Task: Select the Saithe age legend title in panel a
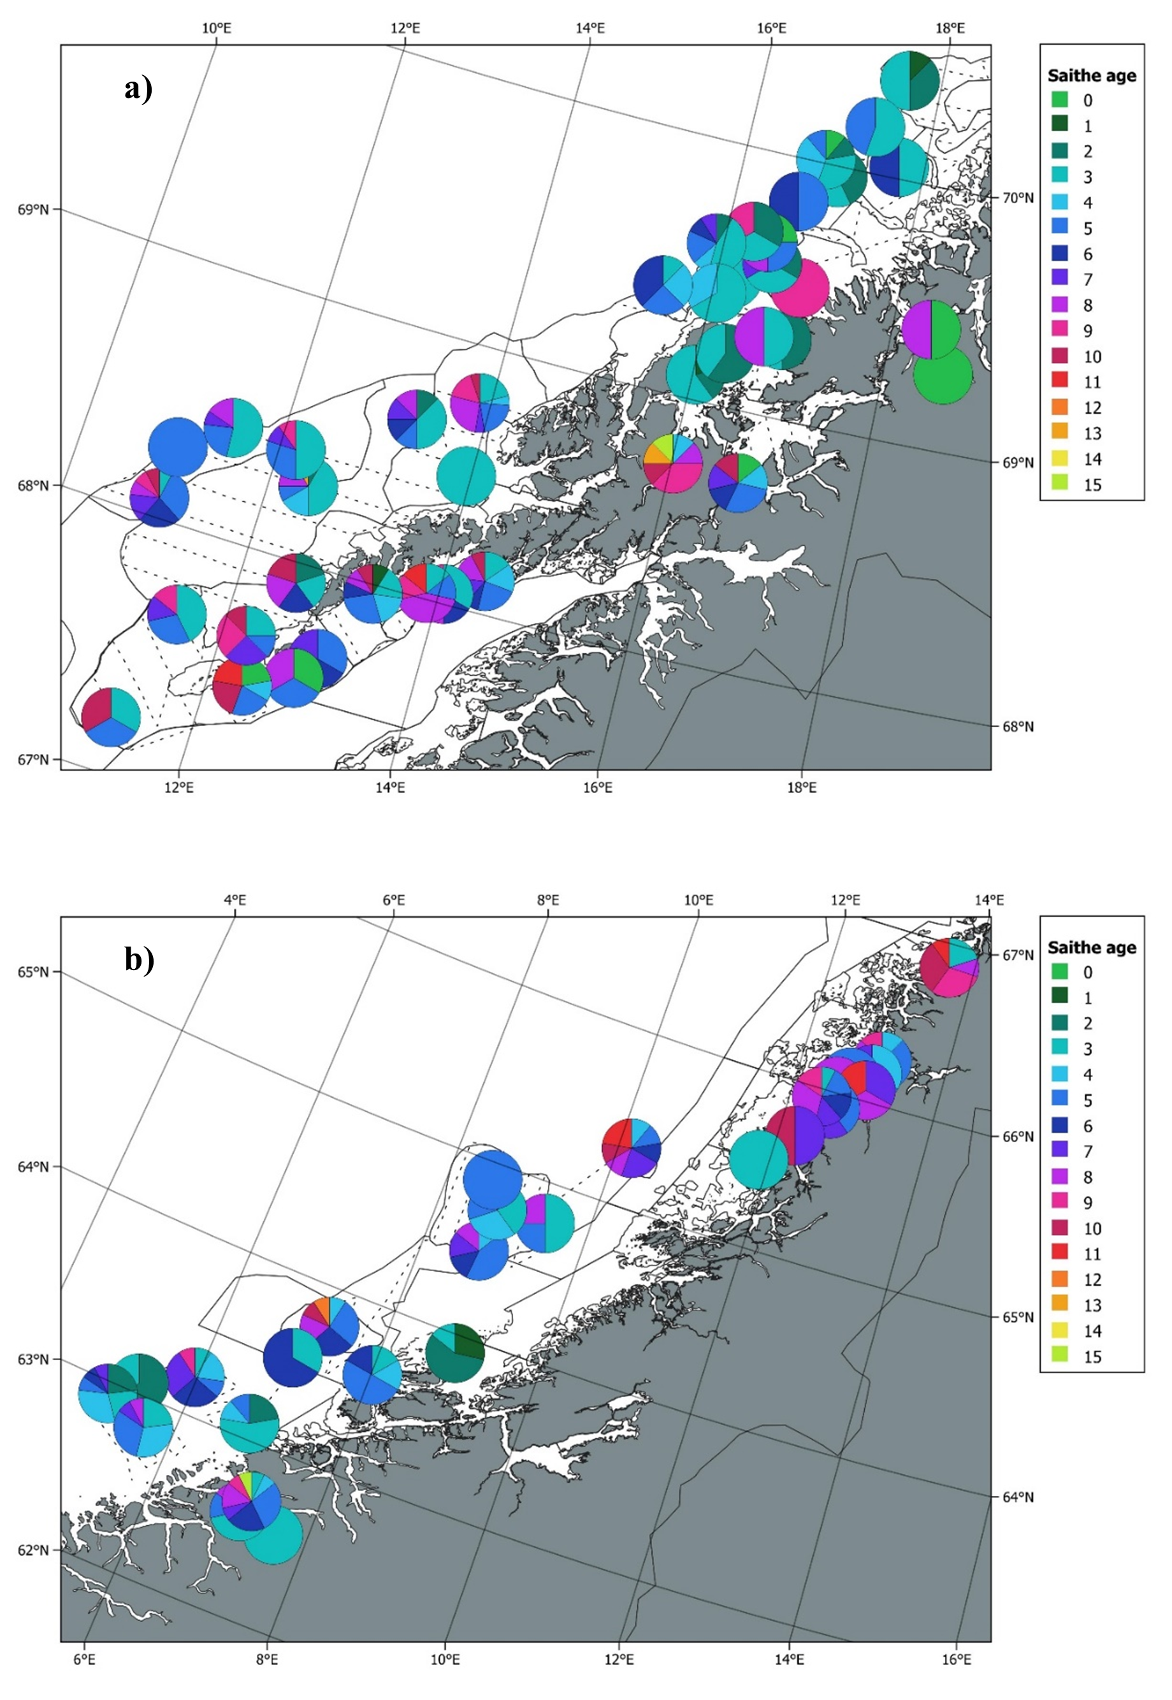click(1091, 76)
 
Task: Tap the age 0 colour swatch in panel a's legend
click(1060, 100)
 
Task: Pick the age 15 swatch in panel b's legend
click(1060, 1356)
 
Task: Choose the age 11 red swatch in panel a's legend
click(1060, 382)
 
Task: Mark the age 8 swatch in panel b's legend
click(1060, 1177)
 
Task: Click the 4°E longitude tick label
click(235, 899)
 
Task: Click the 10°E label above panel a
click(216, 28)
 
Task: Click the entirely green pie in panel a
click(943, 375)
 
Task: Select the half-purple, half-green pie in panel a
click(931, 330)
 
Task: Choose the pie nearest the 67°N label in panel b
click(949, 967)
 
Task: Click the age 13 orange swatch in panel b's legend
click(1060, 1305)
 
